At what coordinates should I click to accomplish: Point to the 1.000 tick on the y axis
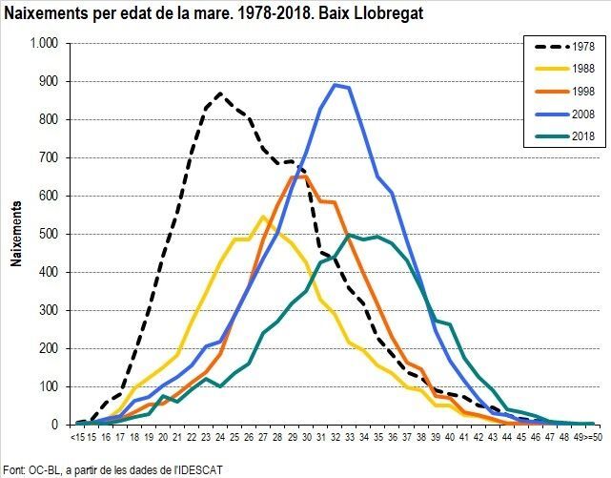44,44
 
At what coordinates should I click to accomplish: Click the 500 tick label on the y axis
49,234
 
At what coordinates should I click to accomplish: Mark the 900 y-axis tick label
49,82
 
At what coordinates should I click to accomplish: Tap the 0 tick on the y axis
55,425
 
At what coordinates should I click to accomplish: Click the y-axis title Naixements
16,234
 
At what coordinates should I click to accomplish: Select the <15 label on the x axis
78,437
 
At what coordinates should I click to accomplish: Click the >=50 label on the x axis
591,437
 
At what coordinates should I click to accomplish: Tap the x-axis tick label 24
220,437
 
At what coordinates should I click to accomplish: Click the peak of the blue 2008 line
335,85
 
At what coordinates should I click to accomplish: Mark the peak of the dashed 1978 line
220,94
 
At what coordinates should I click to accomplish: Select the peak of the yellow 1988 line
264,217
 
